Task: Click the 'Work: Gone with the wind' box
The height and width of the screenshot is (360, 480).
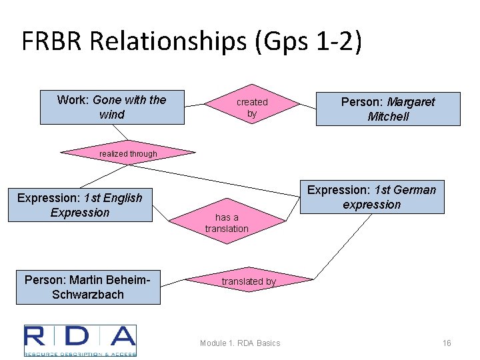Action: click(x=112, y=107)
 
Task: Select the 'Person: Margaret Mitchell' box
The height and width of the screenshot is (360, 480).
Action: click(x=388, y=109)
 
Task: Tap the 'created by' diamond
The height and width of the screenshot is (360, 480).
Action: click(x=252, y=107)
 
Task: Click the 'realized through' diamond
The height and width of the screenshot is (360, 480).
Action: click(x=128, y=154)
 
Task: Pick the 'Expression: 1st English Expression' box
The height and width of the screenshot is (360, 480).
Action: click(x=80, y=205)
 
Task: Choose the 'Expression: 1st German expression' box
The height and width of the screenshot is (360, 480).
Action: click(x=371, y=197)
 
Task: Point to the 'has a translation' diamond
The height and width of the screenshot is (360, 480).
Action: click(x=227, y=223)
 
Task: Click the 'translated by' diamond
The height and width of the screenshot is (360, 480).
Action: click(x=248, y=281)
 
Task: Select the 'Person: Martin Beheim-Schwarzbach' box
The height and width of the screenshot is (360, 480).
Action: click(x=88, y=287)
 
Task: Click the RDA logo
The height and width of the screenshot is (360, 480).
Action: click(x=80, y=340)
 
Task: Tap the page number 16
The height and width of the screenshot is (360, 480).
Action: click(x=447, y=343)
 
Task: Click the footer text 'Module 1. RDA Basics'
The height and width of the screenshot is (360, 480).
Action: click(x=240, y=343)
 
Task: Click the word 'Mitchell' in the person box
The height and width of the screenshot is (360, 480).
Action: click(x=388, y=117)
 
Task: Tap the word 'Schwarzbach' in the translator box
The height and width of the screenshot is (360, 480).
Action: click(x=88, y=294)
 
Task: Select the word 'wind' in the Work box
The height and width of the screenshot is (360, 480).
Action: click(x=111, y=115)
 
